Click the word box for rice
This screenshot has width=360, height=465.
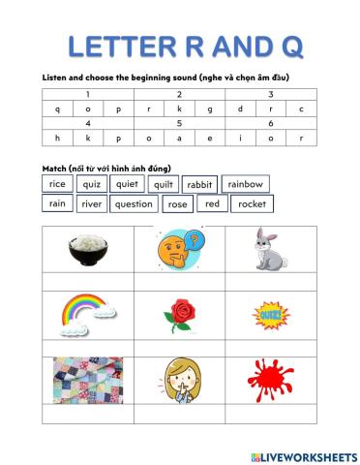(57, 184)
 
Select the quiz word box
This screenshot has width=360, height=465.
(92, 184)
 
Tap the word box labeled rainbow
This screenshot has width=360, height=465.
(244, 184)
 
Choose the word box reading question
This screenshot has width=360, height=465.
(133, 204)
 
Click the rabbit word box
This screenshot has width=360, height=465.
(198, 184)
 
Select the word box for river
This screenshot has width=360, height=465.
(91, 204)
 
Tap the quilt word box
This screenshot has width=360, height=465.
(162, 184)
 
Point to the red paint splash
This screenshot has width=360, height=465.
(271, 380)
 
